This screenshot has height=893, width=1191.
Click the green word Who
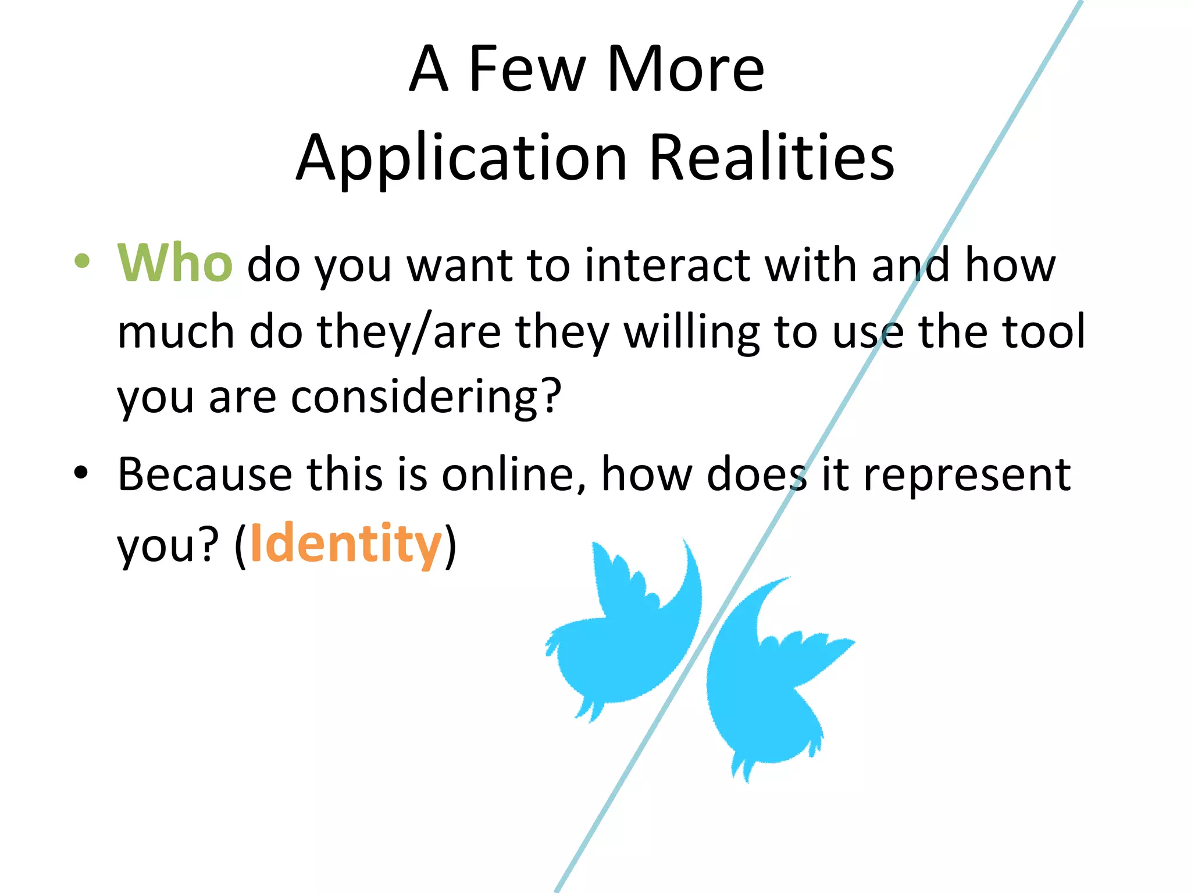(175, 263)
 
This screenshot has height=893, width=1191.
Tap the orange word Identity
(346, 544)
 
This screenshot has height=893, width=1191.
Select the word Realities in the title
(771, 158)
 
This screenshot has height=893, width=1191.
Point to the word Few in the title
(527, 69)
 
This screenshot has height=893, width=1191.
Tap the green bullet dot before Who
(82, 261)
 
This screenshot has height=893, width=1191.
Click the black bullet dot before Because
(81, 472)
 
